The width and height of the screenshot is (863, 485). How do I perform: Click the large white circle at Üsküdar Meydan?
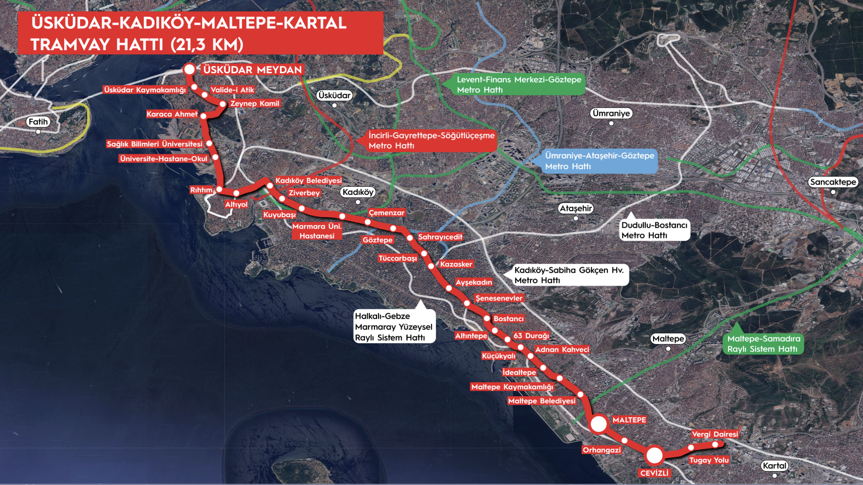pos(190,69)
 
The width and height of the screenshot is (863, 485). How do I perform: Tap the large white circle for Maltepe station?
pos(599,423)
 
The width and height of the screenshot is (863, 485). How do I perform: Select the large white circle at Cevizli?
pos(654,455)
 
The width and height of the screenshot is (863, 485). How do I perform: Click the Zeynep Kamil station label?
pos(255,103)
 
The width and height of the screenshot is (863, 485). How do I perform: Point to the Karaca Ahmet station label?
pos(172,114)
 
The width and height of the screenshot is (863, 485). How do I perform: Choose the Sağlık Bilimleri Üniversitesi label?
pos(155,144)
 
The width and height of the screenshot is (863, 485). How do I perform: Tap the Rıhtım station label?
pos(201,190)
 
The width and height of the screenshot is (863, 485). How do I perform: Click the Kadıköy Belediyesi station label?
pos(308,181)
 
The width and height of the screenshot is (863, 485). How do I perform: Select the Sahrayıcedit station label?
pos(440,237)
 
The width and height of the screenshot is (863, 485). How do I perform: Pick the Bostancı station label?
pos(509,318)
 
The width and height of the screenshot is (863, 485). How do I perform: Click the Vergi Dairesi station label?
pos(715,434)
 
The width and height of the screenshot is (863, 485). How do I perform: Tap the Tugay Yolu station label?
pos(709,460)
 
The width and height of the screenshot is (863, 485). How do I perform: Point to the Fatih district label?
pos(38,122)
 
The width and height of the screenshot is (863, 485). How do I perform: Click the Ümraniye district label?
pos(611,113)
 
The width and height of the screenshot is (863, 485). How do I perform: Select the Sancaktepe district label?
pos(833,182)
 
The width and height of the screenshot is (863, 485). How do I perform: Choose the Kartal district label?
pos(774,466)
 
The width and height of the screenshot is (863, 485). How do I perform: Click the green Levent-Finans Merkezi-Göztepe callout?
pos(519,84)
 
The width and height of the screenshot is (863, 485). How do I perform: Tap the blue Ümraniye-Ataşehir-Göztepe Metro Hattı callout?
pos(600,161)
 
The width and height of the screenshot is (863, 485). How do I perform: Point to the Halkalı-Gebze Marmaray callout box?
pos(394,326)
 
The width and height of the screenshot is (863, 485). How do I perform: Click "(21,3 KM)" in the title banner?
pos(207,44)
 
